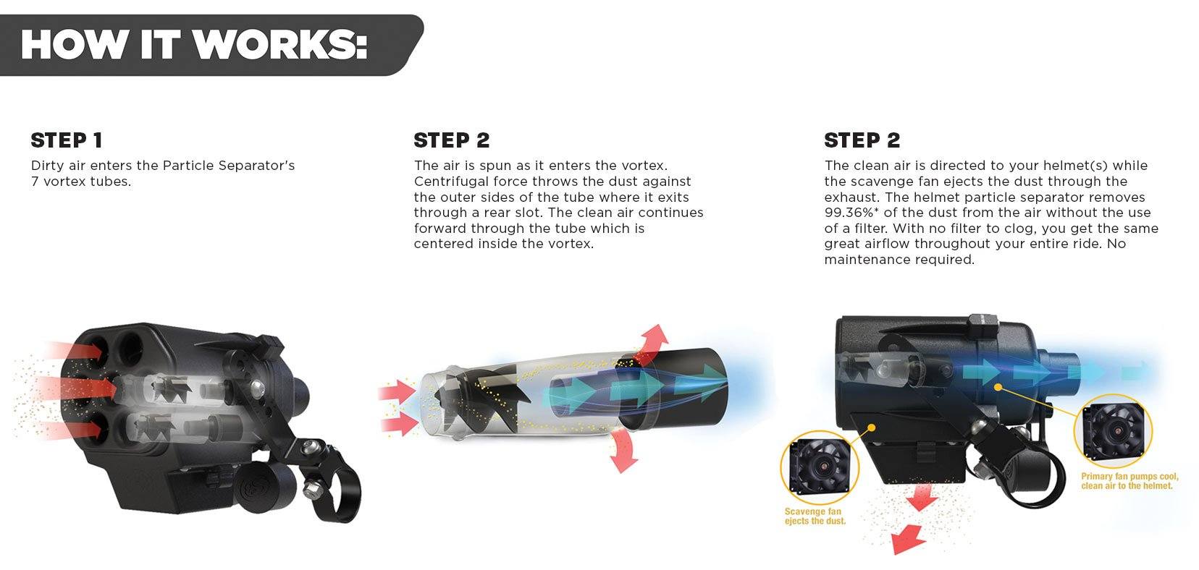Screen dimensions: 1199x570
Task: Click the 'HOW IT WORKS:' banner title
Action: pyautogui.click(x=194, y=44)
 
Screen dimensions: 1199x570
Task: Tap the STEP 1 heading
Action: pyautogui.click(x=67, y=140)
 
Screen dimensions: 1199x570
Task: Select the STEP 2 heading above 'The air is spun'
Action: pyautogui.click(x=452, y=140)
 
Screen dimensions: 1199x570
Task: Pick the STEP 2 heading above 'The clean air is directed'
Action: pyautogui.click(x=862, y=140)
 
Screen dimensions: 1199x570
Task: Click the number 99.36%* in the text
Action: pyautogui.click(x=851, y=213)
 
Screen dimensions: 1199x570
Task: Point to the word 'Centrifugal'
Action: pyautogui.click(x=450, y=182)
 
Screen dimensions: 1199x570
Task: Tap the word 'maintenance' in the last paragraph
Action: pyautogui.click(x=867, y=260)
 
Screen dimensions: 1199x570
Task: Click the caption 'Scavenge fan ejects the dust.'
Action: pyautogui.click(x=815, y=516)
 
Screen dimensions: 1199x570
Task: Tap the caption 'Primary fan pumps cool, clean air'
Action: pyautogui.click(x=1129, y=481)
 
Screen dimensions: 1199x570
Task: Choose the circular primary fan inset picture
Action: pyautogui.click(x=1113, y=432)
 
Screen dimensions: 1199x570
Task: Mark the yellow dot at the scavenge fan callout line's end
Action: pyautogui.click(x=872, y=427)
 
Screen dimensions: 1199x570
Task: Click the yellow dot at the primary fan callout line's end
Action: pyautogui.click(x=997, y=387)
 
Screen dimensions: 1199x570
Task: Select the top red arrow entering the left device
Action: pyautogui.click(x=75, y=350)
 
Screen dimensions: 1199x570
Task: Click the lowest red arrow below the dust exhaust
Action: pyautogui.click(x=908, y=539)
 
